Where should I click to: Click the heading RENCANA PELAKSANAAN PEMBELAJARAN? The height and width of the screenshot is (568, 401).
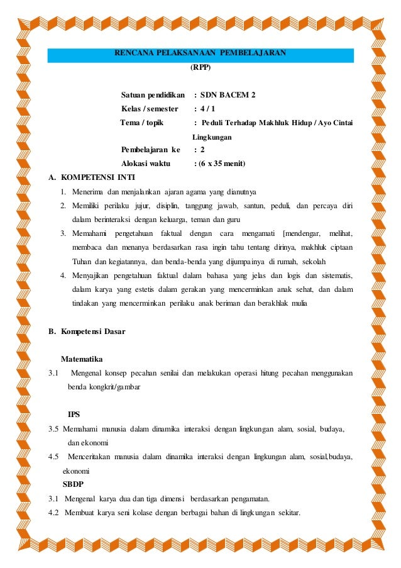tap(200, 53)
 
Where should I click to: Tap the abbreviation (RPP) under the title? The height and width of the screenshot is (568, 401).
tap(200, 66)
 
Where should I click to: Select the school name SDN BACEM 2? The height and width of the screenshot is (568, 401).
tap(228, 96)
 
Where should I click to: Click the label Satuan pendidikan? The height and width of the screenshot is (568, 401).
tap(153, 96)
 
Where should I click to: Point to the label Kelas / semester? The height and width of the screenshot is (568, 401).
tap(150, 109)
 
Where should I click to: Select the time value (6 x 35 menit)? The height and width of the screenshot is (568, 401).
tap(220, 164)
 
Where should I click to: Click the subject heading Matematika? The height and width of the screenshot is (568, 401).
tap(82, 359)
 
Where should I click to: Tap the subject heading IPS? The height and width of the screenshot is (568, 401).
tap(74, 414)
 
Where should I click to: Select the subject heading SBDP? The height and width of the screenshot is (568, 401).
tap(75, 484)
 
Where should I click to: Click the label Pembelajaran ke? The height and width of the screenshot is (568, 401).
tap(150, 150)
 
